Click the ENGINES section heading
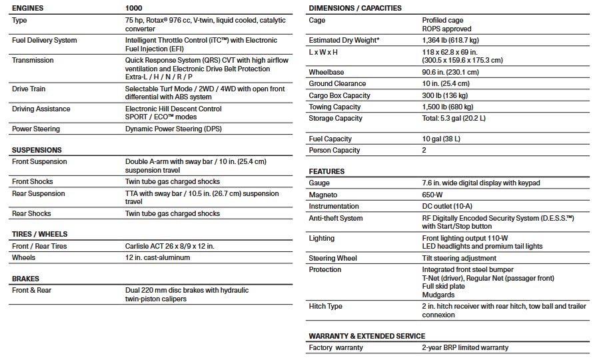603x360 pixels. coord(29,8)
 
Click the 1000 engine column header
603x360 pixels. coord(134,8)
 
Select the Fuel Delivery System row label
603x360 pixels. coord(44,40)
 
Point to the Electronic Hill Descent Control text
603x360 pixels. coord(173,109)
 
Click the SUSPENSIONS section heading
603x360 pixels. coord(37,150)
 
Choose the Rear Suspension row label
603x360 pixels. coord(39,193)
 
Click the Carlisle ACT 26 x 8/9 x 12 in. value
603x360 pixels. coord(170,246)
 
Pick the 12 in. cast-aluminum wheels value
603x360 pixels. coord(157,257)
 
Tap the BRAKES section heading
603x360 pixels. coord(25,279)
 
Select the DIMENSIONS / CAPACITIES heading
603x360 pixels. coord(355,8)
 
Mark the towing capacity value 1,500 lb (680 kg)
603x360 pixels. coord(448,107)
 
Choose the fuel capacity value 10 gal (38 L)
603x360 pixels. coord(441,139)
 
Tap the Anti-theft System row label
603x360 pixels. coord(336,218)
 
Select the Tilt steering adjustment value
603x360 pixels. coord(459,258)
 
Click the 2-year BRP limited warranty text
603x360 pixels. coord(465,347)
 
